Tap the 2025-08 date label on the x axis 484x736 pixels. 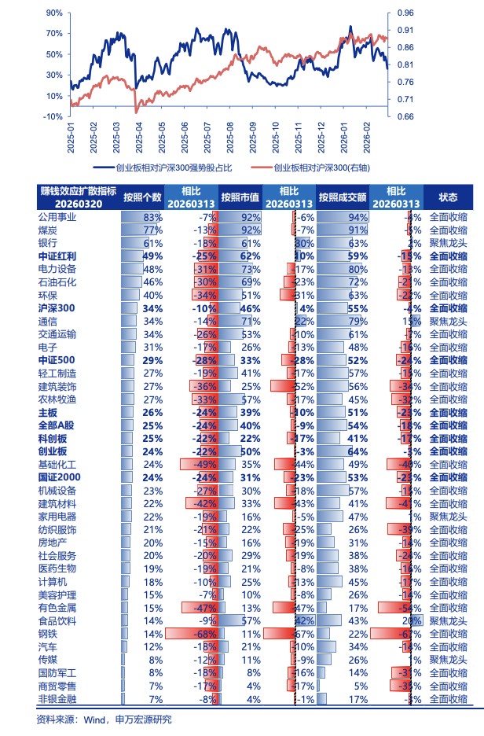[229, 138]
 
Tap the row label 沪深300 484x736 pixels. [57, 307]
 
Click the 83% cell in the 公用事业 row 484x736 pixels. [152, 217]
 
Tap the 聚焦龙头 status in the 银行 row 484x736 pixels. [448, 243]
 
